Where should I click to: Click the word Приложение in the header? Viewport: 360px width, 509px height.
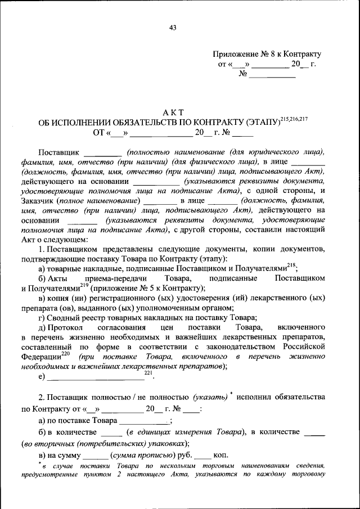tap(233, 54)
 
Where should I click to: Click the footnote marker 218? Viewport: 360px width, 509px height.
tap(291, 265)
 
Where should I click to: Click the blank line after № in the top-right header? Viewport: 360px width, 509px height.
tap(272, 75)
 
